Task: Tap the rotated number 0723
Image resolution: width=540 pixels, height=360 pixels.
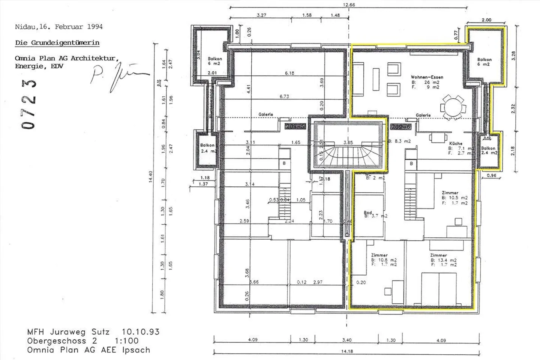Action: point(30,104)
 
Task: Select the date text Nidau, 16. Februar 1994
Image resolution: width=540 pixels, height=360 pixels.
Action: point(58,27)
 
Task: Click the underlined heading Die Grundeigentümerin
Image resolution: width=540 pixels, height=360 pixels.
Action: point(57,43)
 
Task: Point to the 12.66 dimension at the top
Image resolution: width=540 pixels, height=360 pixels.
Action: point(349,5)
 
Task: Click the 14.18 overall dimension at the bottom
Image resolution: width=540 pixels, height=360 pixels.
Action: point(347,351)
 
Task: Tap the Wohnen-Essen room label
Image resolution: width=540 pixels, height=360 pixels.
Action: point(427,77)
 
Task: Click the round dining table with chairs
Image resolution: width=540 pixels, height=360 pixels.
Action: point(454,107)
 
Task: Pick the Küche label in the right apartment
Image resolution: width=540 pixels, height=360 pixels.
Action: point(456,143)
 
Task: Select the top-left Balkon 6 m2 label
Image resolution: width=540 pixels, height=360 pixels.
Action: point(215,61)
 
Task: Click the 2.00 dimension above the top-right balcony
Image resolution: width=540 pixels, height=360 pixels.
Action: point(486,20)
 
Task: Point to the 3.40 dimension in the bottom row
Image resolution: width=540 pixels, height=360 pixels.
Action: point(347,340)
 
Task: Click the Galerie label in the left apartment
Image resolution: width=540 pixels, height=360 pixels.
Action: point(265,114)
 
